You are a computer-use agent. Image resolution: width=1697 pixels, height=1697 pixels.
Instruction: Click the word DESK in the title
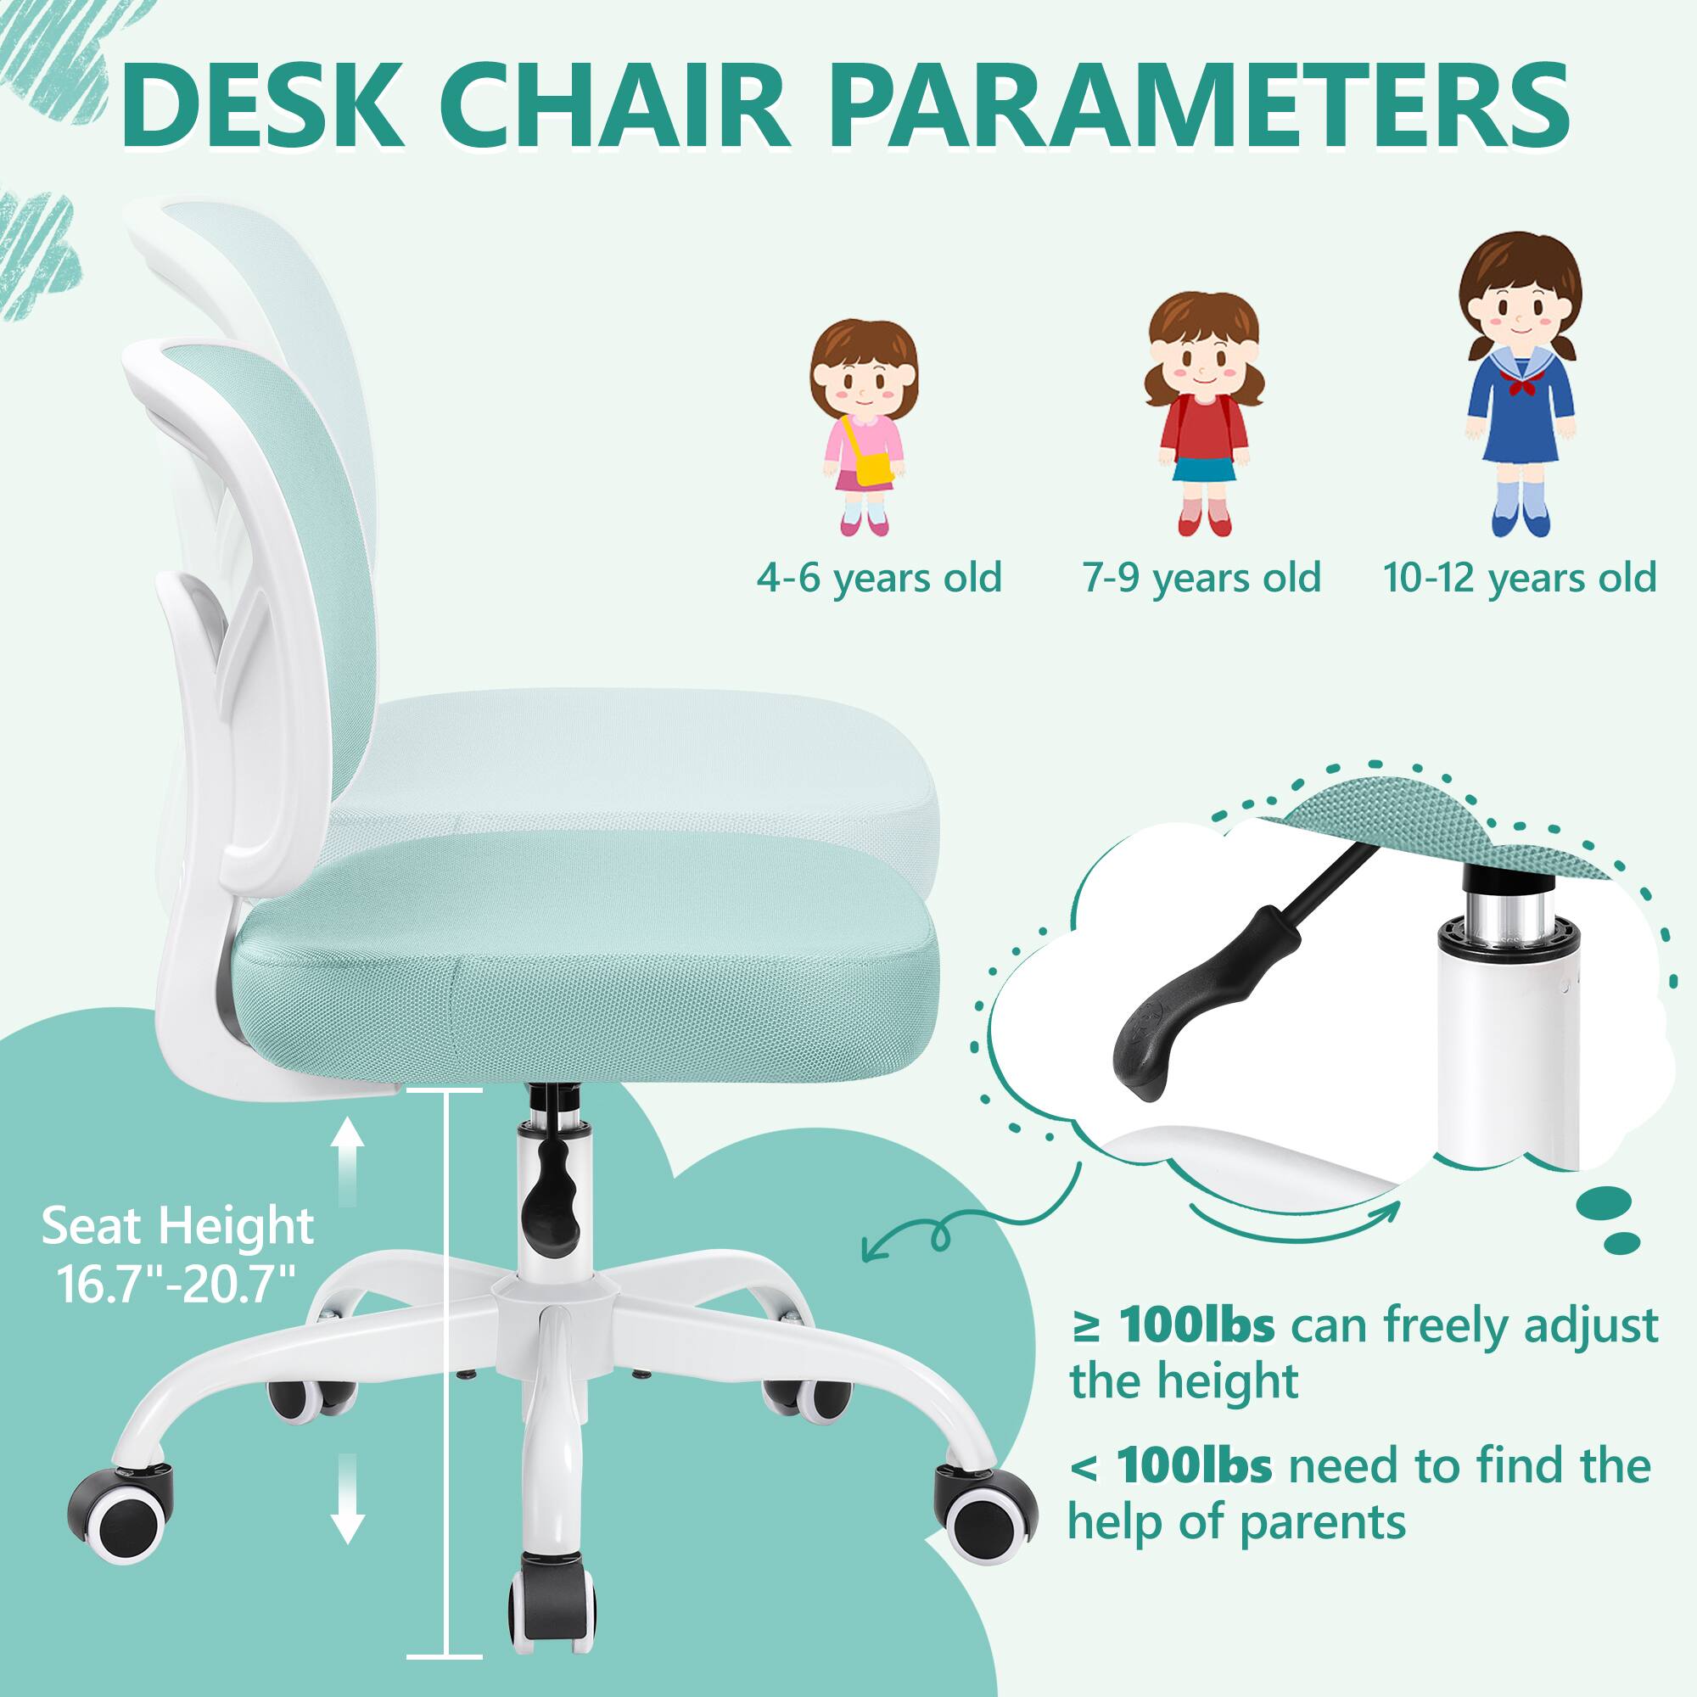pyautogui.click(x=263, y=106)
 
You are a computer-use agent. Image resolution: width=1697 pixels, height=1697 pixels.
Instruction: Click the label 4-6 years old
pyautogui.click(x=879, y=578)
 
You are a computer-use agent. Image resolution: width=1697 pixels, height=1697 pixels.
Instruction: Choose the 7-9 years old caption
pyautogui.click(x=1201, y=578)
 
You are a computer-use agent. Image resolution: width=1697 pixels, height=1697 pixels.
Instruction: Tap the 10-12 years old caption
pyautogui.click(x=1520, y=578)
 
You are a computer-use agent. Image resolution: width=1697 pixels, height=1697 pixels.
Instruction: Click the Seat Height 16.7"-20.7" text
pyautogui.click(x=176, y=1253)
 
